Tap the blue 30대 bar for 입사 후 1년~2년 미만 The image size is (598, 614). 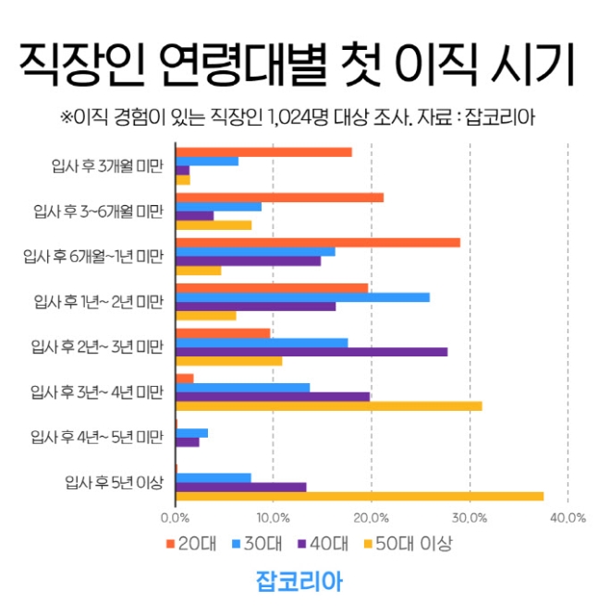(x=302, y=296)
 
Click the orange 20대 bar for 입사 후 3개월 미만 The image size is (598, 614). (x=263, y=151)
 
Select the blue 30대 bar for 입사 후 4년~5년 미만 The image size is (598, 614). (x=191, y=432)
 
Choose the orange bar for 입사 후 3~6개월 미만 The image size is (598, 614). (x=279, y=197)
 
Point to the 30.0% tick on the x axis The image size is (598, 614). (x=470, y=518)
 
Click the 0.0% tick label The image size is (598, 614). (x=175, y=518)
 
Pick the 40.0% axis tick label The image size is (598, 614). (x=567, y=518)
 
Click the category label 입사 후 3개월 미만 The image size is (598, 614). (x=107, y=167)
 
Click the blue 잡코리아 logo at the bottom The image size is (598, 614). (x=299, y=582)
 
